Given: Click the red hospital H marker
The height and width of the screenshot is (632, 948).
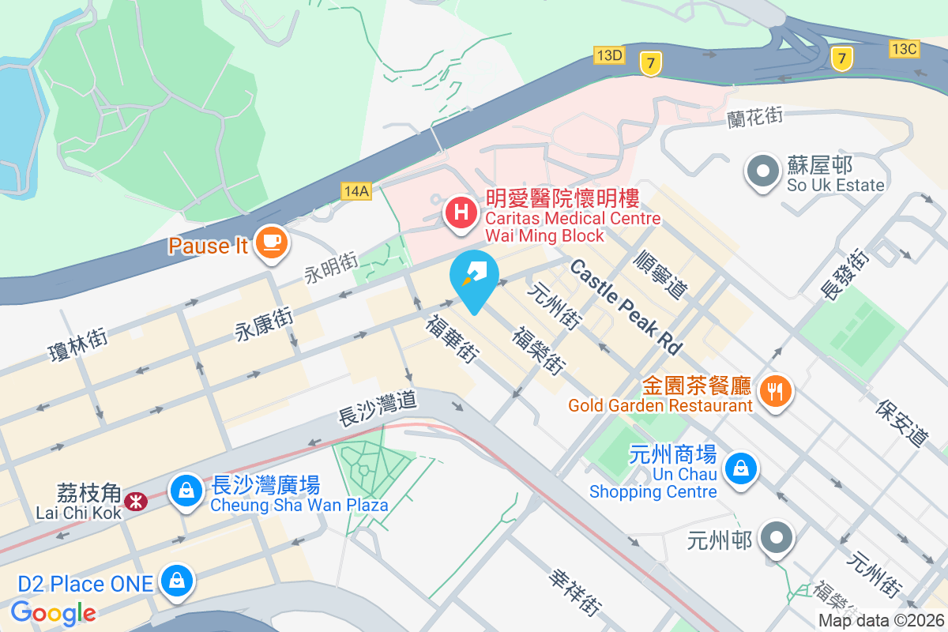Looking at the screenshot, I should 461,212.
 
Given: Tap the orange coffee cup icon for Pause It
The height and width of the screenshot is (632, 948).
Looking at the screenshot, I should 271,241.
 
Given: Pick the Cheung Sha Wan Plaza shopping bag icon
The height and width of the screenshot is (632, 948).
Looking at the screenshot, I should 186,490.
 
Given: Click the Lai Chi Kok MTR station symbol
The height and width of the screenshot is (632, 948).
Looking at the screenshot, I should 137,501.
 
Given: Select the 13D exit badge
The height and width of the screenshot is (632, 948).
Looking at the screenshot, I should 609,55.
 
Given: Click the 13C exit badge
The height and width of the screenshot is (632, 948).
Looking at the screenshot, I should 904,49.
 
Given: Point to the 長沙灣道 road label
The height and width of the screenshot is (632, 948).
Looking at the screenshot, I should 377,410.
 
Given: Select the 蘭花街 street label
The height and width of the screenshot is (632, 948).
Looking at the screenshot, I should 754,117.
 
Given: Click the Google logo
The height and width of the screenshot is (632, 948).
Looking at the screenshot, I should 54,613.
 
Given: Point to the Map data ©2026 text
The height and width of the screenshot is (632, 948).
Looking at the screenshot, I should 880,620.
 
